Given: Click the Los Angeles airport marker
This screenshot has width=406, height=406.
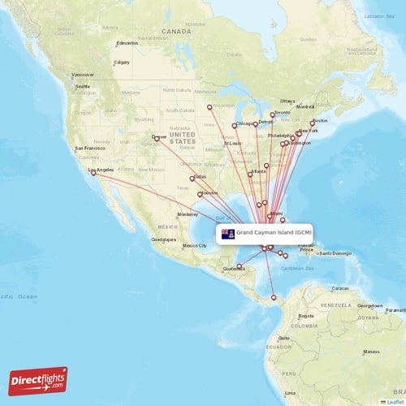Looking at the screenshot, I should tap(93, 172).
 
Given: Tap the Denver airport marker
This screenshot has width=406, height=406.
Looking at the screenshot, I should tap(157, 139).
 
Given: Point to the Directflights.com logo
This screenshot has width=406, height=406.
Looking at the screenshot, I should tap(38, 380).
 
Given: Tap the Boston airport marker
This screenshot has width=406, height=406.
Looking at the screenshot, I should tap(313, 123).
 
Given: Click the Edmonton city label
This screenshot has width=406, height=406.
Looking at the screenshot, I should tap(127, 43).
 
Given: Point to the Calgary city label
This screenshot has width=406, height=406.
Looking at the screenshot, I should tap(122, 62).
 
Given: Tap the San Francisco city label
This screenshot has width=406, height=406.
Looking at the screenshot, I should tap(90, 149).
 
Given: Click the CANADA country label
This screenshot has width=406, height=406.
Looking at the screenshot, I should tap(176, 31).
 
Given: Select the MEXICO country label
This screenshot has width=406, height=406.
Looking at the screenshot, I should tap(167, 226).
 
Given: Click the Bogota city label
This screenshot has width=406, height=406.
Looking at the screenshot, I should tap(306, 315).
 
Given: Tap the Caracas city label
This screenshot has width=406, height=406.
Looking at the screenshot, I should tap(340, 288).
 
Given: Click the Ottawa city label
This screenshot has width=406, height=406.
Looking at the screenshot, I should tap(288, 101).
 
